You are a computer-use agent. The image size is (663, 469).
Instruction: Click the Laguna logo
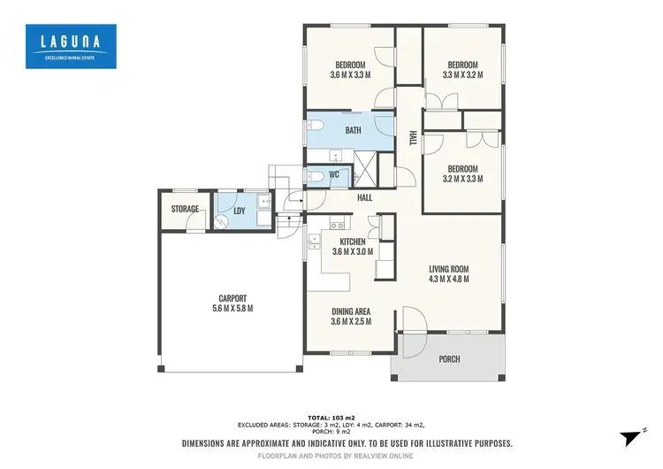pos(70,46)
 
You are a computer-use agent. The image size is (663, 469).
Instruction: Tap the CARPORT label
pos(232,303)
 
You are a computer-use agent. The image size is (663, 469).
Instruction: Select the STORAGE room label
pos(186,210)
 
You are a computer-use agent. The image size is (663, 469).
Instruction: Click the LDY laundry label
pos(239,211)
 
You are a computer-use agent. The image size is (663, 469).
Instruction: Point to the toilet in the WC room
pos(315,175)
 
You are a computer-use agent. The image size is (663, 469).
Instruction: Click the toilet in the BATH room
pos(316,125)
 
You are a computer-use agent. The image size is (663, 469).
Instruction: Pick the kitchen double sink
pos(314,241)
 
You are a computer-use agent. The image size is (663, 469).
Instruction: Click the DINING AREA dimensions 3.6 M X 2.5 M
pos(351,321)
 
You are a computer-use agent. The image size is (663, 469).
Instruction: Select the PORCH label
pos(449,358)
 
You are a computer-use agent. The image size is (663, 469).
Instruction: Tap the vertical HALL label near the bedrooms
pos(412,139)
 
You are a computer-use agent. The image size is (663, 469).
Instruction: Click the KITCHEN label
pos(354,240)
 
